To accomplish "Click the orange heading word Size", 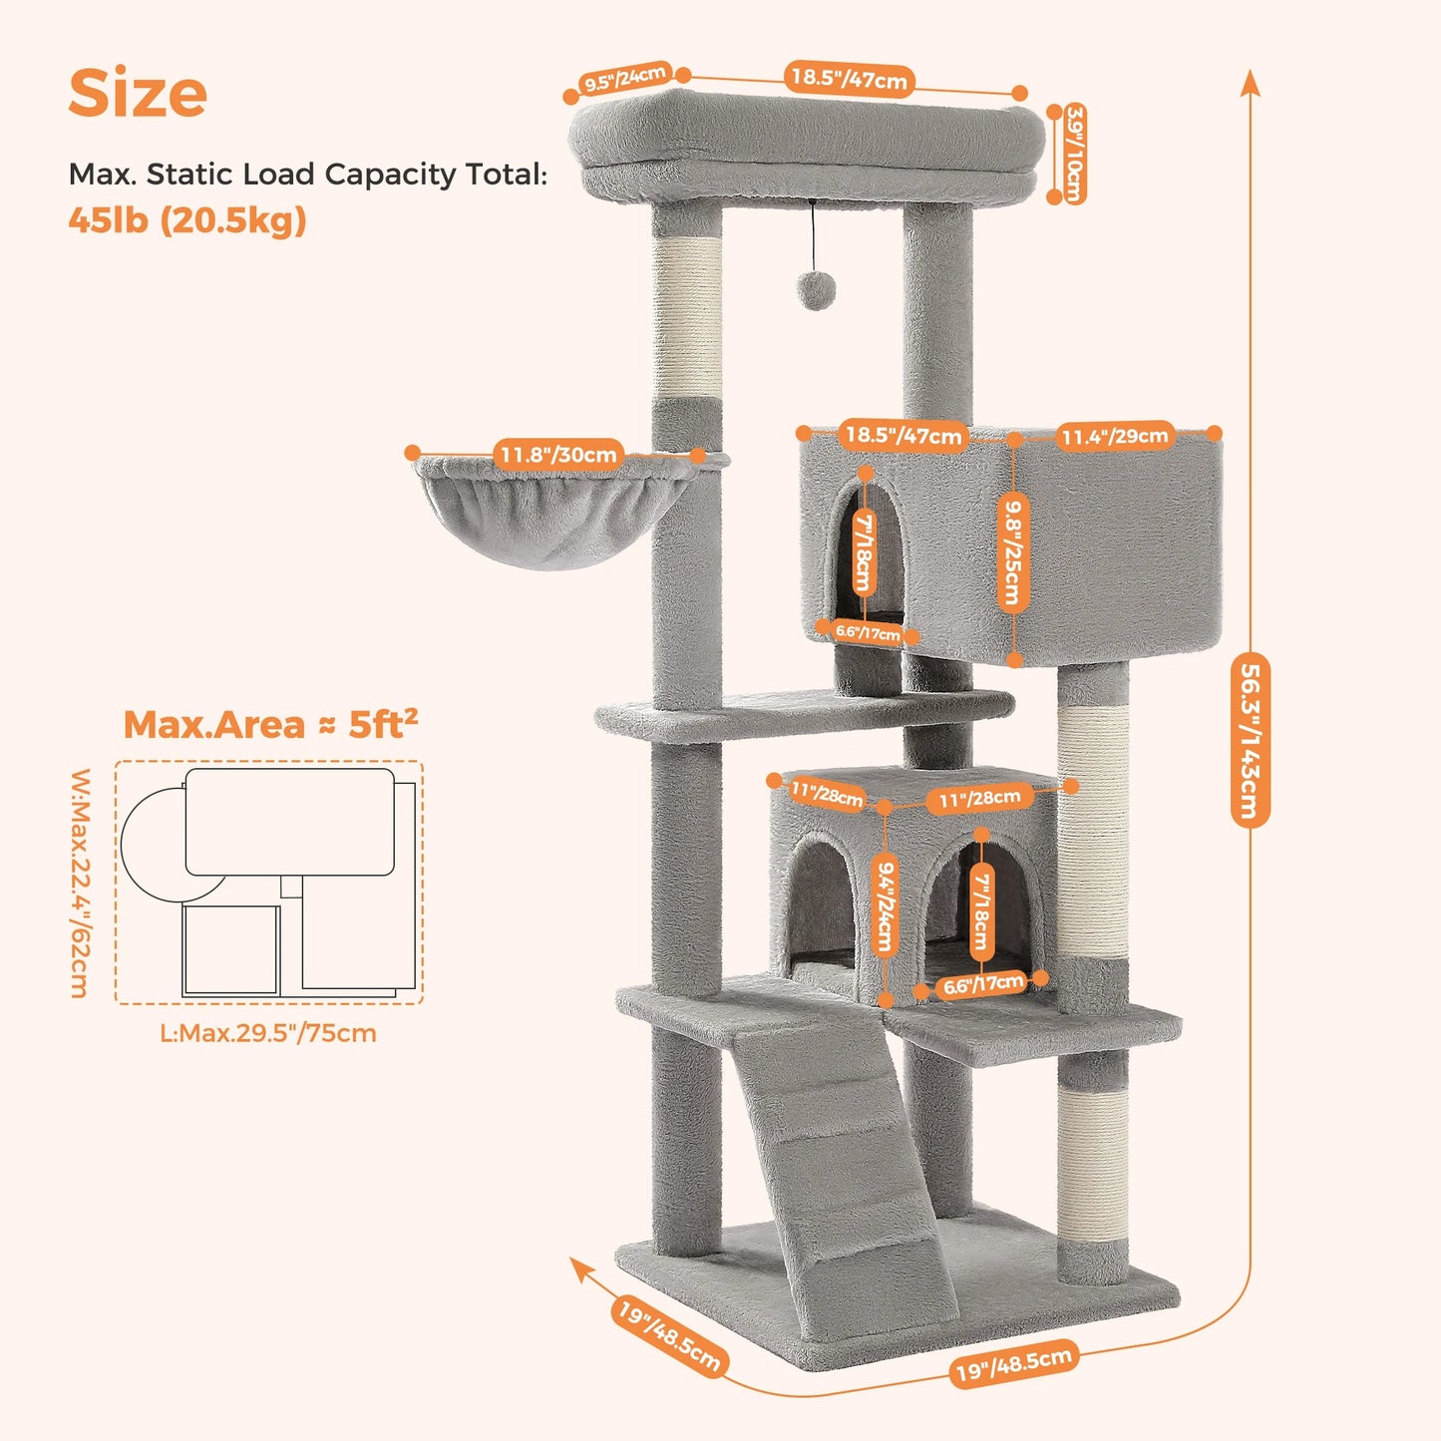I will click(x=138, y=93).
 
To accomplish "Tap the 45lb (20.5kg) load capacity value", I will click(x=186, y=220).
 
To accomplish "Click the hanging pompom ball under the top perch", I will click(x=814, y=290).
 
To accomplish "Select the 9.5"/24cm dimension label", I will click(x=625, y=79).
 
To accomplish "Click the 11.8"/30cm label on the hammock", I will click(x=558, y=455).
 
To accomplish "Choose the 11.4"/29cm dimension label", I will click(x=1114, y=436).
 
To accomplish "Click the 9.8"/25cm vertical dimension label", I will click(x=1012, y=552).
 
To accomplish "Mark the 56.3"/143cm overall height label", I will click(x=1250, y=739).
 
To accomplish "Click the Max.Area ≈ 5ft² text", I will click(x=270, y=724).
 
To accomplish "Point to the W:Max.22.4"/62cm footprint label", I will click(x=81, y=883).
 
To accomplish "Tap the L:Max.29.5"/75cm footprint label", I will click(x=268, y=1033).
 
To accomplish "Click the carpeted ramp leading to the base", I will click(x=838, y=1157).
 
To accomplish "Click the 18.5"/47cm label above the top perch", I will click(x=850, y=79).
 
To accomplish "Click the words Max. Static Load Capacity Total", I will click(x=307, y=175).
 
